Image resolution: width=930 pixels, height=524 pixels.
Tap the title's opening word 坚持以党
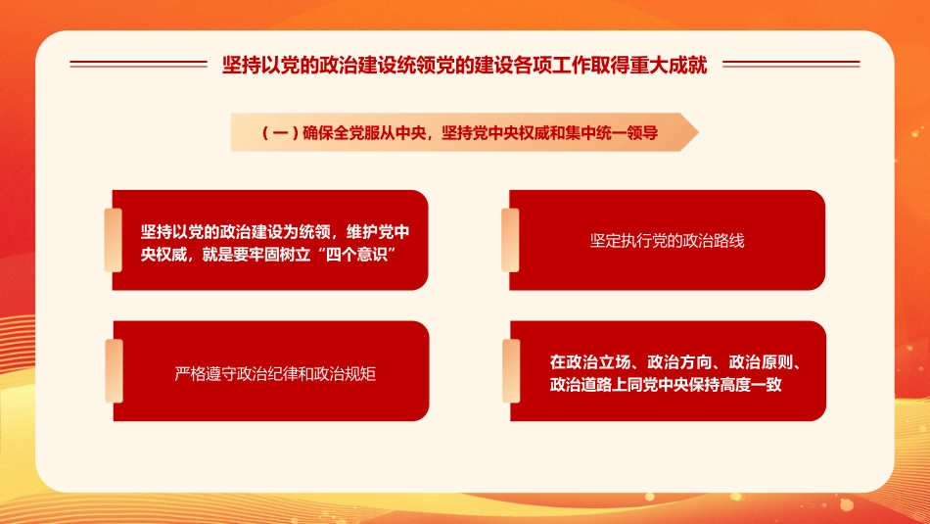click(251, 65)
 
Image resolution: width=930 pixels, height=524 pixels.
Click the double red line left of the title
click(138, 65)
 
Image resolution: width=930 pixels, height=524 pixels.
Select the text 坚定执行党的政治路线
click(667, 240)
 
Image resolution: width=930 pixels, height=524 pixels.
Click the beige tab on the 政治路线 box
click(510, 240)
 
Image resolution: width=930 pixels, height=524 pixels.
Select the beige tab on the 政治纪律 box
click(114, 371)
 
